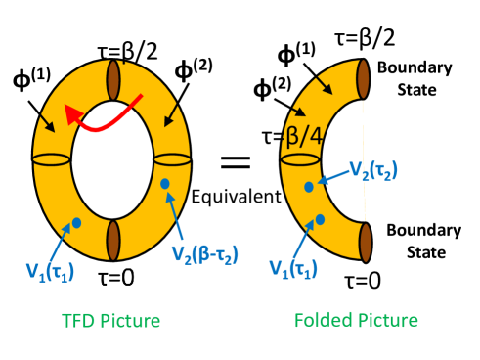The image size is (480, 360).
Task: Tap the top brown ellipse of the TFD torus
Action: [x=113, y=79]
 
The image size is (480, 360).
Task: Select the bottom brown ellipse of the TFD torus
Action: [x=113, y=240]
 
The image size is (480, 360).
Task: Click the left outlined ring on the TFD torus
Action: [x=52, y=159]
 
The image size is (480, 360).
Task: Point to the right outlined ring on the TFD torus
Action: [x=172, y=159]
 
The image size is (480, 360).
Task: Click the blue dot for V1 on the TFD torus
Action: [x=76, y=223]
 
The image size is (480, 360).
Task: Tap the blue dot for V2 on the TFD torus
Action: [x=165, y=184]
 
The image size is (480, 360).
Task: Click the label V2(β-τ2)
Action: [x=204, y=254]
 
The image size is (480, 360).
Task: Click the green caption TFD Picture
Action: [x=110, y=321]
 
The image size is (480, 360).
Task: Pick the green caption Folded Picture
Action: [x=356, y=321]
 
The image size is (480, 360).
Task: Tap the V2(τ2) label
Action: [x=373, y=170]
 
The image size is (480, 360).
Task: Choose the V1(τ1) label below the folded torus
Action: [x=292, y=267]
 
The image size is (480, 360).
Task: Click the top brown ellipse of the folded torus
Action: [x=363, y=79]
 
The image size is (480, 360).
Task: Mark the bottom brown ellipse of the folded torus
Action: [x=364, y=242]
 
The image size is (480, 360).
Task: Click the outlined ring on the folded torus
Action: [x=300, y=159]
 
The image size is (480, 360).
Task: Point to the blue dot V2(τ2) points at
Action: [x=309, y=187]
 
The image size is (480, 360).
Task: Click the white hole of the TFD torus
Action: [x=112, y=159]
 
